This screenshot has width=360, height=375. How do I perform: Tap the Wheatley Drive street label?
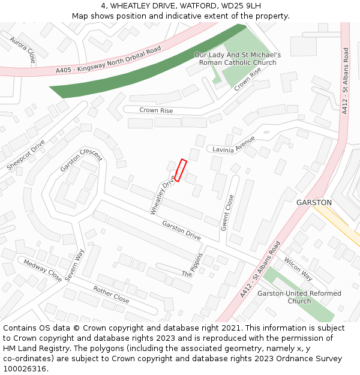162,194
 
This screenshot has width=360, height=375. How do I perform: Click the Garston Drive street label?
181,230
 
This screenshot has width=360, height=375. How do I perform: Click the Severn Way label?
76,264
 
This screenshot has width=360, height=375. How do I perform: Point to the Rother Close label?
111,294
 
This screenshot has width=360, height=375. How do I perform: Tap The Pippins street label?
193,265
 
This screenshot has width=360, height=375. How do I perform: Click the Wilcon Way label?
298,268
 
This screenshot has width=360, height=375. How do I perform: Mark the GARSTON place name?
314,203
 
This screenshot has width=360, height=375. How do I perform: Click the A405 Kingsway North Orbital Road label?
109,61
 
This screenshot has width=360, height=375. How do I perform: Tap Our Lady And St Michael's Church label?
238,58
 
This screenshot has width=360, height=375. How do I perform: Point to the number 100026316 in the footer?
25,369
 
